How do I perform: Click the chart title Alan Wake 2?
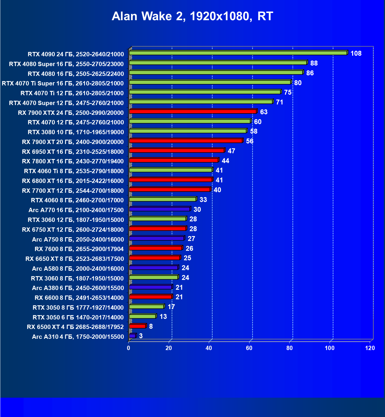(x=192, y=16)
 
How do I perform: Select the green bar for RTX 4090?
(x=238, y=53)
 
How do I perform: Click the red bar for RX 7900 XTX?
(x=193, y=112)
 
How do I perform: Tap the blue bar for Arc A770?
(x=159, y=209)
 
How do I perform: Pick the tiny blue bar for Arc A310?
(x=132, y=336)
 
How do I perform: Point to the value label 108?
(x=356, y=53)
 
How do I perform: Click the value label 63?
(x=264, y=112)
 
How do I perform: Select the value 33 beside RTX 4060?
(x=203, y=200)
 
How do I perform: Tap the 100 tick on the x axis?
(x=330, y=348)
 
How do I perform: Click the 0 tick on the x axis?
(x=129, y=348)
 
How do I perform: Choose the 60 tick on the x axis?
(x=249, y=348)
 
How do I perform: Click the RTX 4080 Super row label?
(x=66, y=64)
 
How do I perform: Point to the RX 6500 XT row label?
(x=75, y=327)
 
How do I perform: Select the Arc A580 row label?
(x=78, y=269)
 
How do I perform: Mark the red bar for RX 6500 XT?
(x=138, y=326)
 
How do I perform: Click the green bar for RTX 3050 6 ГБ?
(x=142, y=317)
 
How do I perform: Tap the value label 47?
(x=231, y=151)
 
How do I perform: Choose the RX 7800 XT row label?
(x=73, y=161)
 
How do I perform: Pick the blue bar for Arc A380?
(x=151, y=287)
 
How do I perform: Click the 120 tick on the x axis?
(x=370, y=348)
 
